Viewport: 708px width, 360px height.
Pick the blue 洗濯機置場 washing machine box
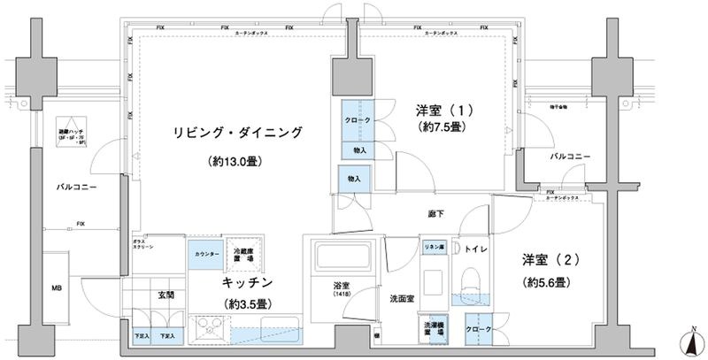[x=432, y=326]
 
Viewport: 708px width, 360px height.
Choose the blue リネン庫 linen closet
[x=432, y=246]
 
